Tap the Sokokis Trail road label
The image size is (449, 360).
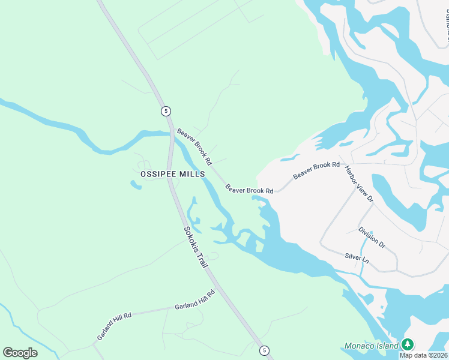point(195,247)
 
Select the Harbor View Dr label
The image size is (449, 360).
point(360,184)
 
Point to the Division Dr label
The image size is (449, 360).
point(372,237)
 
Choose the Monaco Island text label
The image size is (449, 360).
point(372,346)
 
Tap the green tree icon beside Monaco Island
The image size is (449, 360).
point(408,344)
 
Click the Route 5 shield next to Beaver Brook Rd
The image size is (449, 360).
point(166,111)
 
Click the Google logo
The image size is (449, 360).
point(20,352)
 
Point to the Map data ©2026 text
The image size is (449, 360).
point(422,355)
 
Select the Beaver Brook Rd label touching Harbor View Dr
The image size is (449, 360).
point(316,170)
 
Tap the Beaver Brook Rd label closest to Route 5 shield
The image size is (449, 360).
point(194,146)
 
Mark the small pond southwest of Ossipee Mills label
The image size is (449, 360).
point(136,184)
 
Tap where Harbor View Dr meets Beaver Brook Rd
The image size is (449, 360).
point(344,163)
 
